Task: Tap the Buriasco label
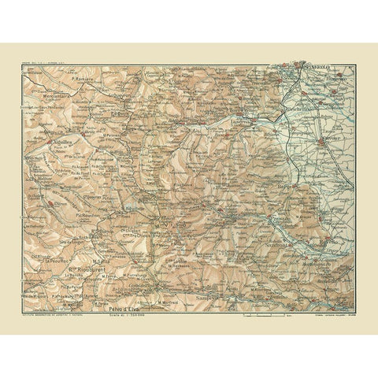click(x=336, y=78)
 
